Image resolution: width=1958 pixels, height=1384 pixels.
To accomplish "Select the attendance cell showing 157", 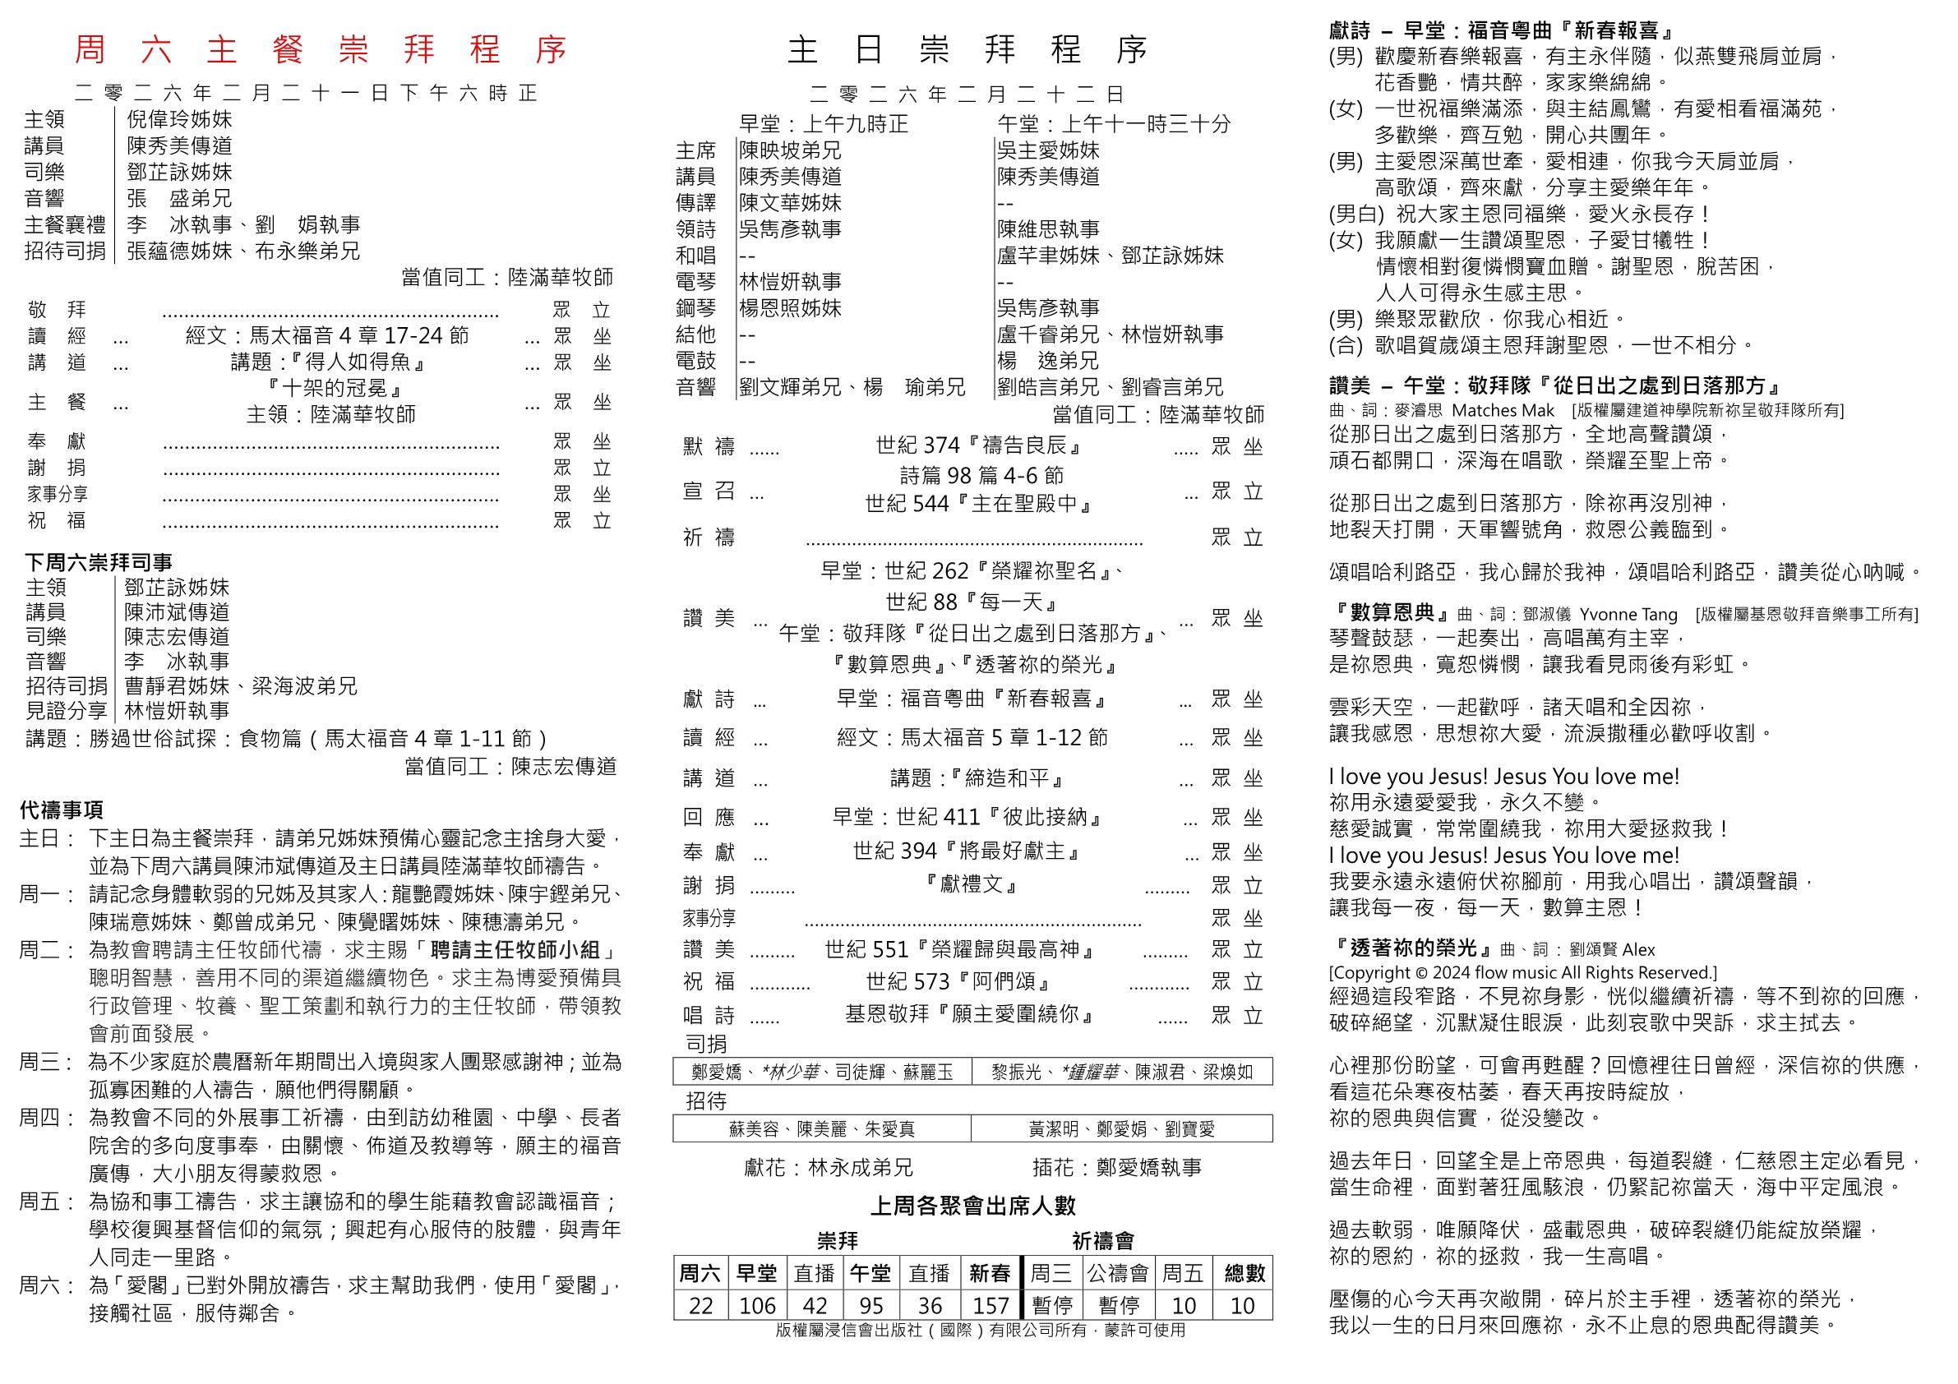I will tap(990, 1306).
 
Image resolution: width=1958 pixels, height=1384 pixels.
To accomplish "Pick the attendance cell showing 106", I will tap(757, 1306).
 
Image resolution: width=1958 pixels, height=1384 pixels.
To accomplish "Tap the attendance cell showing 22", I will tap(701, 1306).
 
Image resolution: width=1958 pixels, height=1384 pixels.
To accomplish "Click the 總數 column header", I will tap(1245, 1273).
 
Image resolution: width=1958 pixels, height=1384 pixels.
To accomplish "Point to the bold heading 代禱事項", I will tap(62, 810).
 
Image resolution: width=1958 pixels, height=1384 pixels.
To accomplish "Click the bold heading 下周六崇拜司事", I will tap(99, 562).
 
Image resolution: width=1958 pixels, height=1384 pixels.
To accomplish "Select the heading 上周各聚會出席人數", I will tap(973, 1206).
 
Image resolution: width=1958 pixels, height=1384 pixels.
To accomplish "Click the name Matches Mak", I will tap(1503, 411).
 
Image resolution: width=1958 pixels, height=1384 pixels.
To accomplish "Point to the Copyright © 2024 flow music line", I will tap(1522, 973).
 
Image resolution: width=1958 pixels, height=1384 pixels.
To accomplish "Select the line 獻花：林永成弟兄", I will tap(828, 1167).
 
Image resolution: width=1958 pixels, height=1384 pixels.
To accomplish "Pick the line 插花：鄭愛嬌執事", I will tap(1117, 1167).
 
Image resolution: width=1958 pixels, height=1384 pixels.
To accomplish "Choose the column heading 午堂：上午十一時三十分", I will tap(1115, 124).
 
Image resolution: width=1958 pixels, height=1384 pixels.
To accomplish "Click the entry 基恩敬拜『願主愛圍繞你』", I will tap(971, 1014).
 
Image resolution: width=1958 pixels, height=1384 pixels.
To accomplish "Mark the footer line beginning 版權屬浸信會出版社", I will tap(981, 1331).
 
